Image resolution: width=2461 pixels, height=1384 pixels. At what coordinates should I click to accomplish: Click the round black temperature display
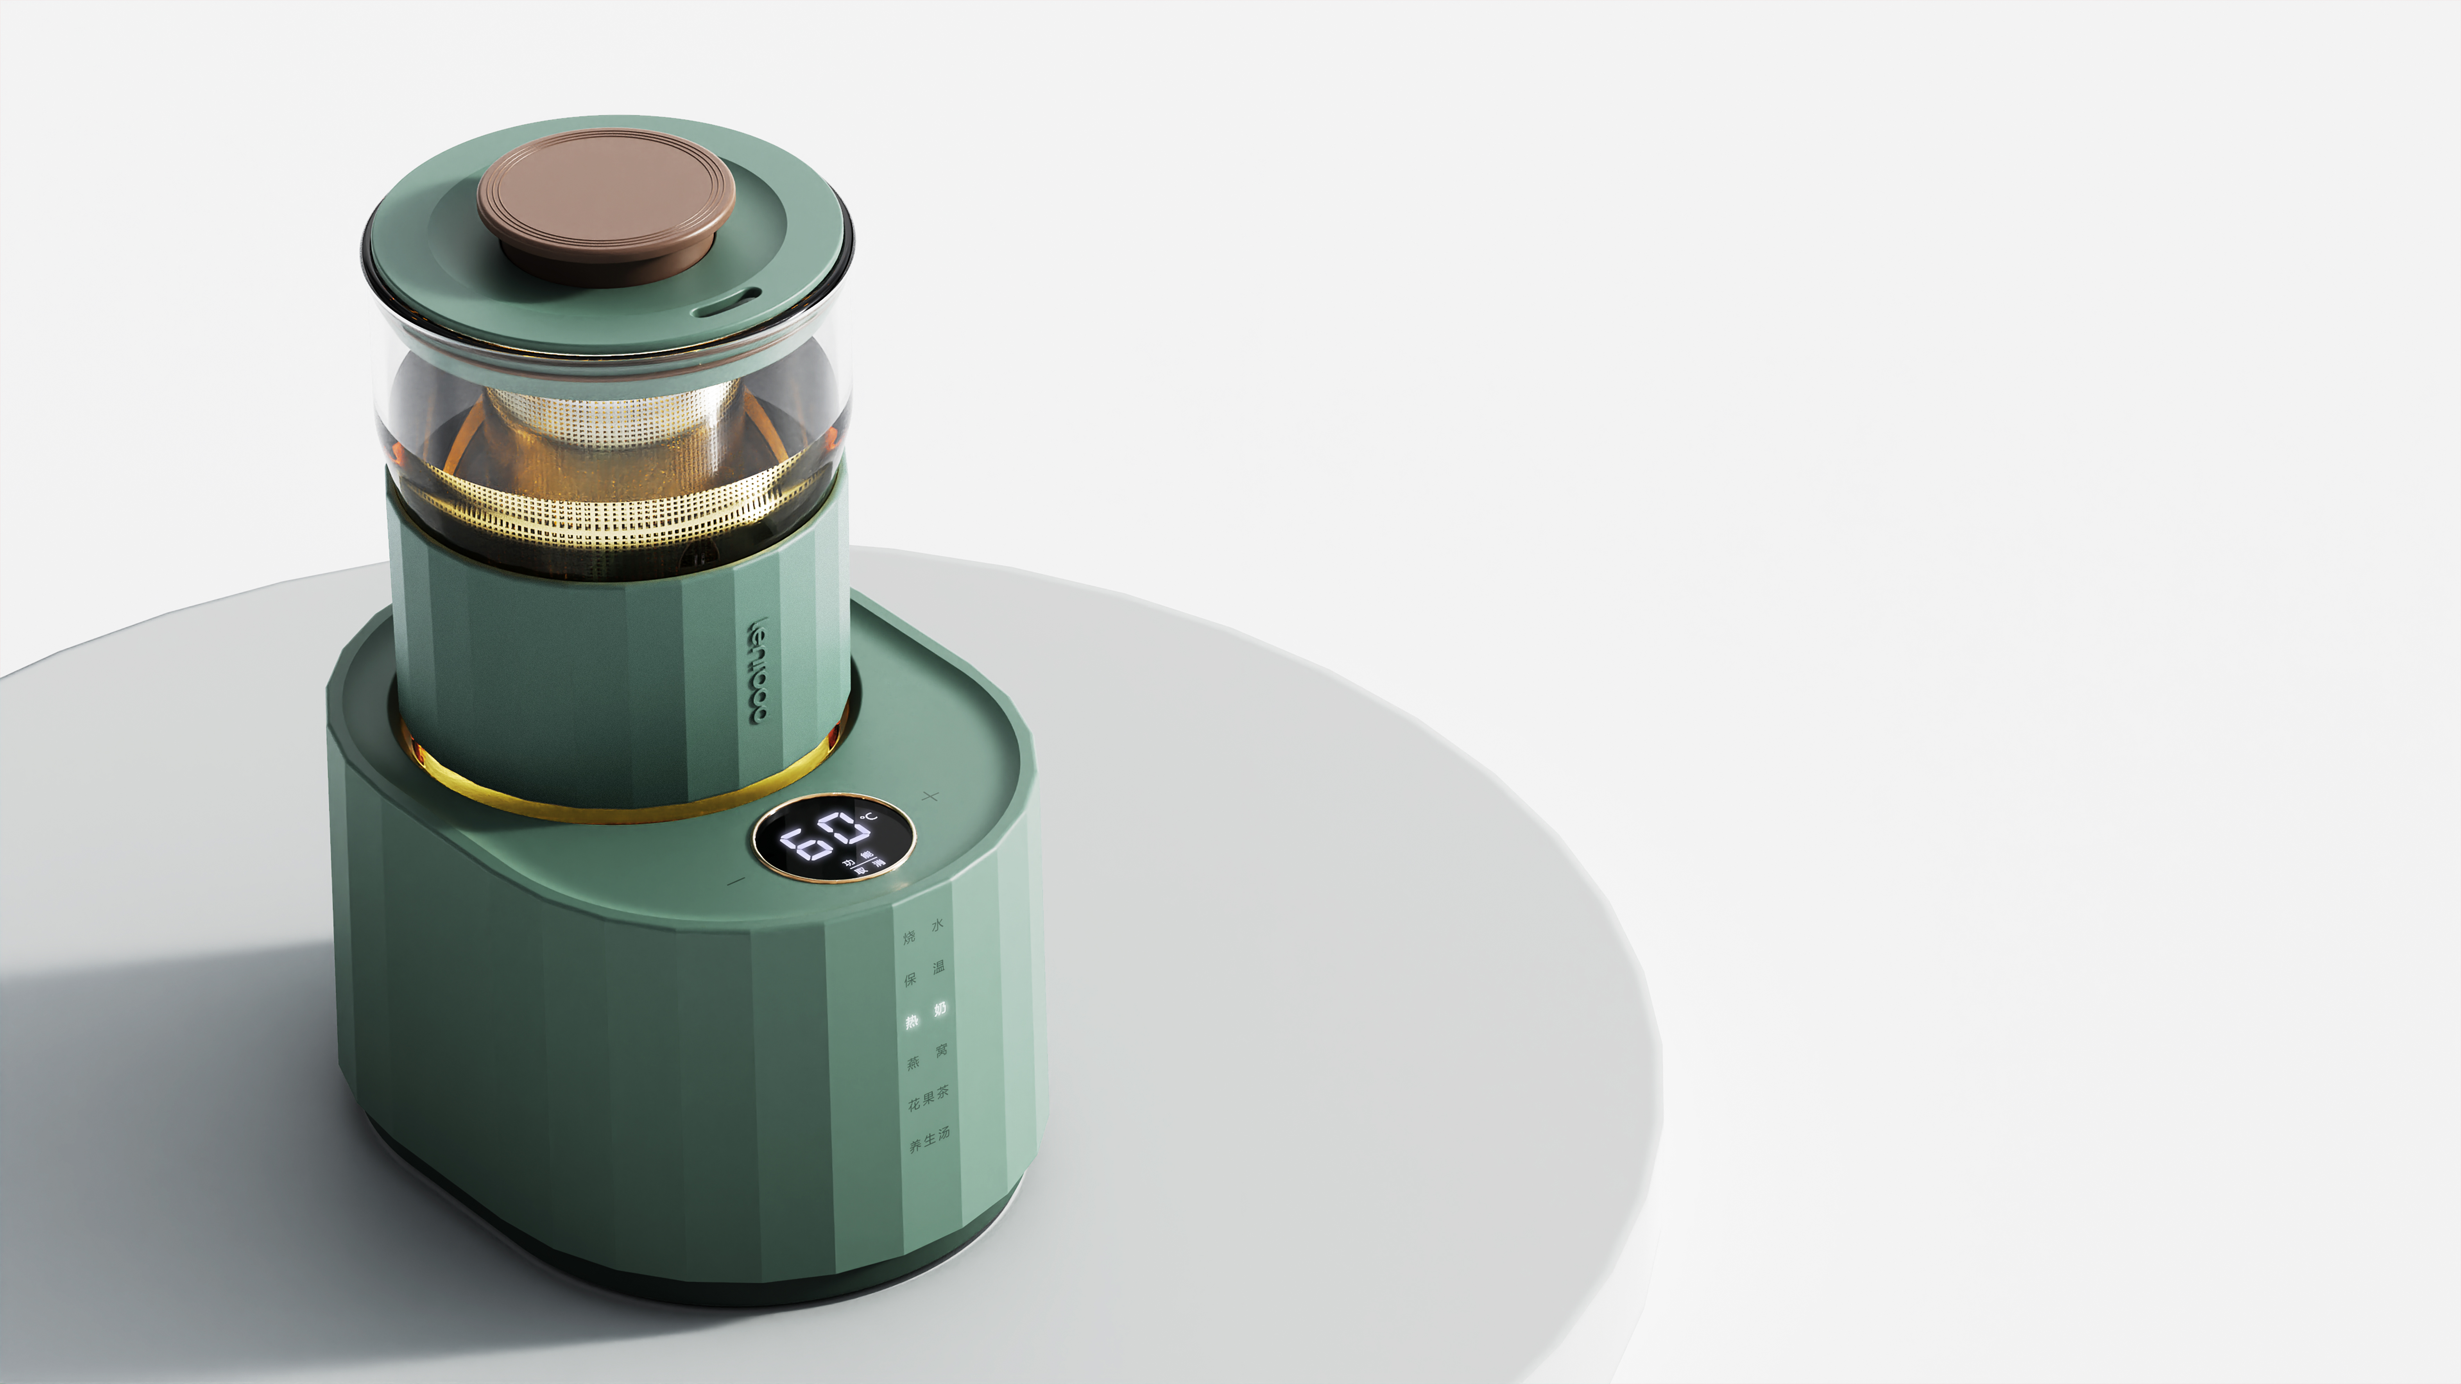833,838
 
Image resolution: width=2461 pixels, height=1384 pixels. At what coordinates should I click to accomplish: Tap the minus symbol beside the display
735,881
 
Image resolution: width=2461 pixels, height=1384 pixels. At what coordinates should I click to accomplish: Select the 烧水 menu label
923,931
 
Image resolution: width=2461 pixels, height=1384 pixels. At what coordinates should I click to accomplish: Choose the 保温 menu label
925,973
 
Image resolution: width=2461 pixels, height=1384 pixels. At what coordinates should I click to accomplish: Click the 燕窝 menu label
928,1056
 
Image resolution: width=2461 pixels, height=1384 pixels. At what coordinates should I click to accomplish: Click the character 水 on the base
937,925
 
